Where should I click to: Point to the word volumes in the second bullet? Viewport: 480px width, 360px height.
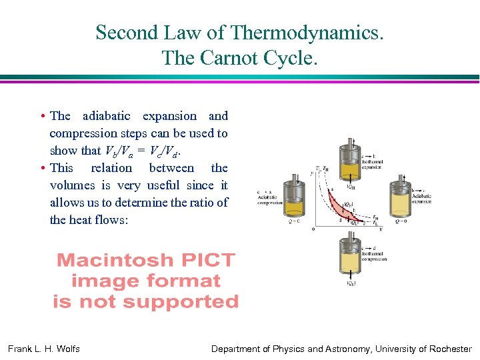[x=73, y=185]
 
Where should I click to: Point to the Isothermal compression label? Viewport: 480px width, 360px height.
[x=374, y=256]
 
